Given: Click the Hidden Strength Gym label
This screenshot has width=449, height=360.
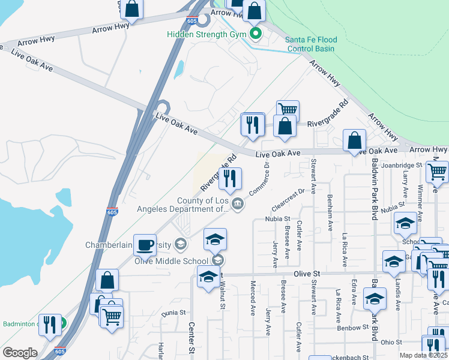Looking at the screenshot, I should pos(206,34).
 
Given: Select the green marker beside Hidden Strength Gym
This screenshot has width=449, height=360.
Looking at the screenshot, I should pos(255,34).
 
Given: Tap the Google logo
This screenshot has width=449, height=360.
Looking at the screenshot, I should pos(20,353).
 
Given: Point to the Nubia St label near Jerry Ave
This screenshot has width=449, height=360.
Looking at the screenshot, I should pos(277,220).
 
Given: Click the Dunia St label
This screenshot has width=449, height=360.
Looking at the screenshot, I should pos(173,313).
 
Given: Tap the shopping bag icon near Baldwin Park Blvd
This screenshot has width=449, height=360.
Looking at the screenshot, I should pos(355,141).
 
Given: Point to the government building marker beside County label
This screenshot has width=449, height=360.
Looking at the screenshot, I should pos(238,205).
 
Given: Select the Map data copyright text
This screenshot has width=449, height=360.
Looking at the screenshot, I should pos(423,355).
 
